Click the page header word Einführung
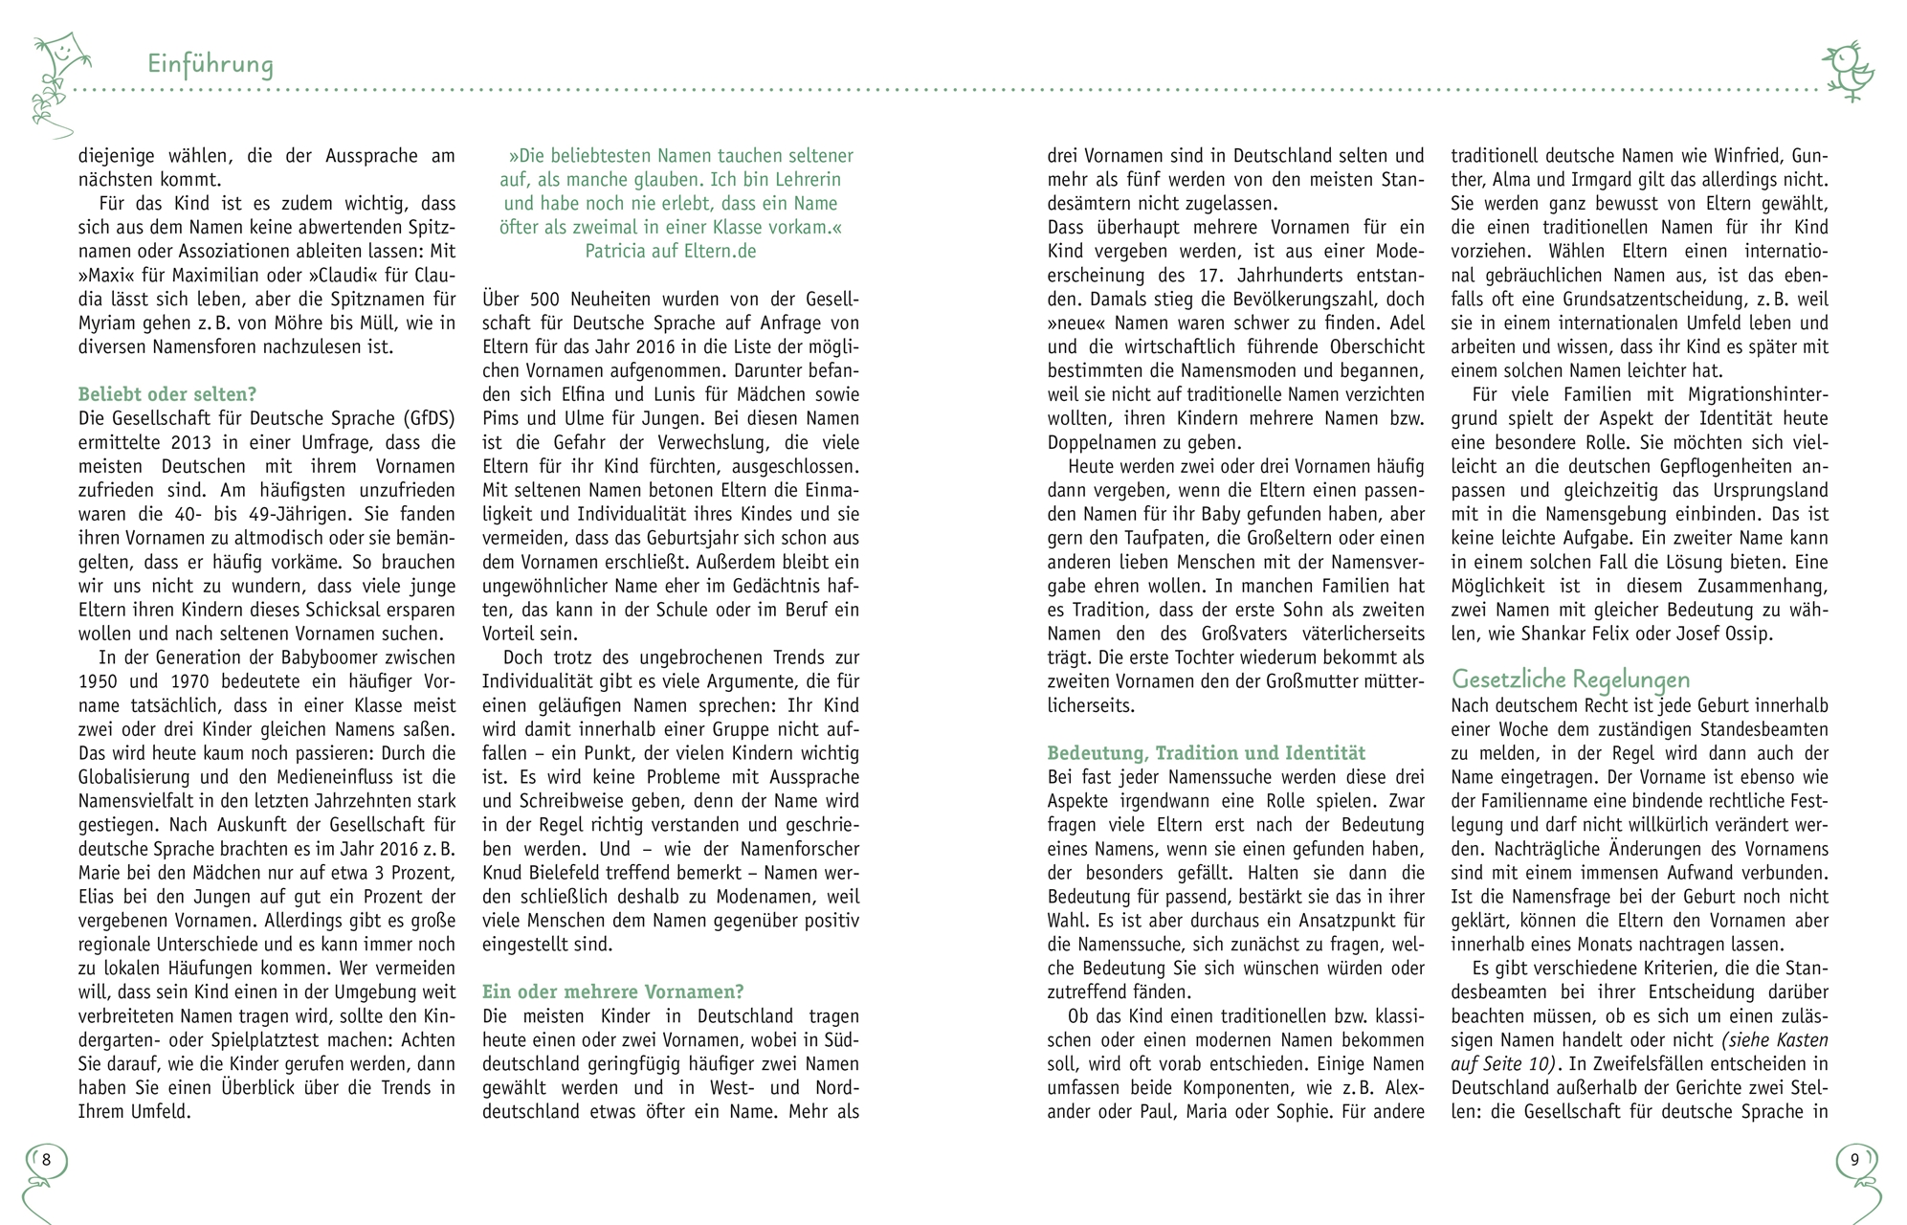(211, 64)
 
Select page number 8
(46, 1160)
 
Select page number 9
(1854, 1160)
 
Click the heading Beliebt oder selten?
(167, 394)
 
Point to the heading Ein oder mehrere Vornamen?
(612, 991)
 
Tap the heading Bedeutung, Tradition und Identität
(1206, 753)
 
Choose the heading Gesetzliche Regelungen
(1570, 679)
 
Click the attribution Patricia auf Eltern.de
(671, 251)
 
